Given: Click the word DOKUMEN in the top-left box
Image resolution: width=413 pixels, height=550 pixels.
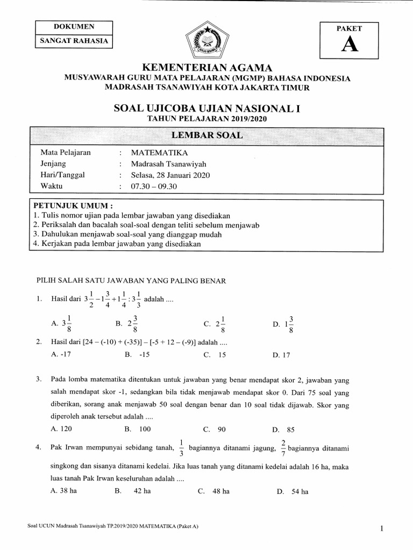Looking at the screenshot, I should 74,27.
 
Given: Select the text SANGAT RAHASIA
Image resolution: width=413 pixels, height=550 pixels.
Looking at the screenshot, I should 74,40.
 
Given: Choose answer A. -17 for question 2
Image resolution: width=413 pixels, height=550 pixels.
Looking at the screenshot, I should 58,354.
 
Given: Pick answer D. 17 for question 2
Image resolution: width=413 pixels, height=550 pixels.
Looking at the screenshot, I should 281,354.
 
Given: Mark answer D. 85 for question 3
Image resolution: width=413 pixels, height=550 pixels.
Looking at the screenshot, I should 283,430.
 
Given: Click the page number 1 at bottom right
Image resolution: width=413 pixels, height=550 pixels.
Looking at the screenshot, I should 381,529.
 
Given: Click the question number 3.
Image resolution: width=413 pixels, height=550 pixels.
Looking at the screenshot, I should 39,380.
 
